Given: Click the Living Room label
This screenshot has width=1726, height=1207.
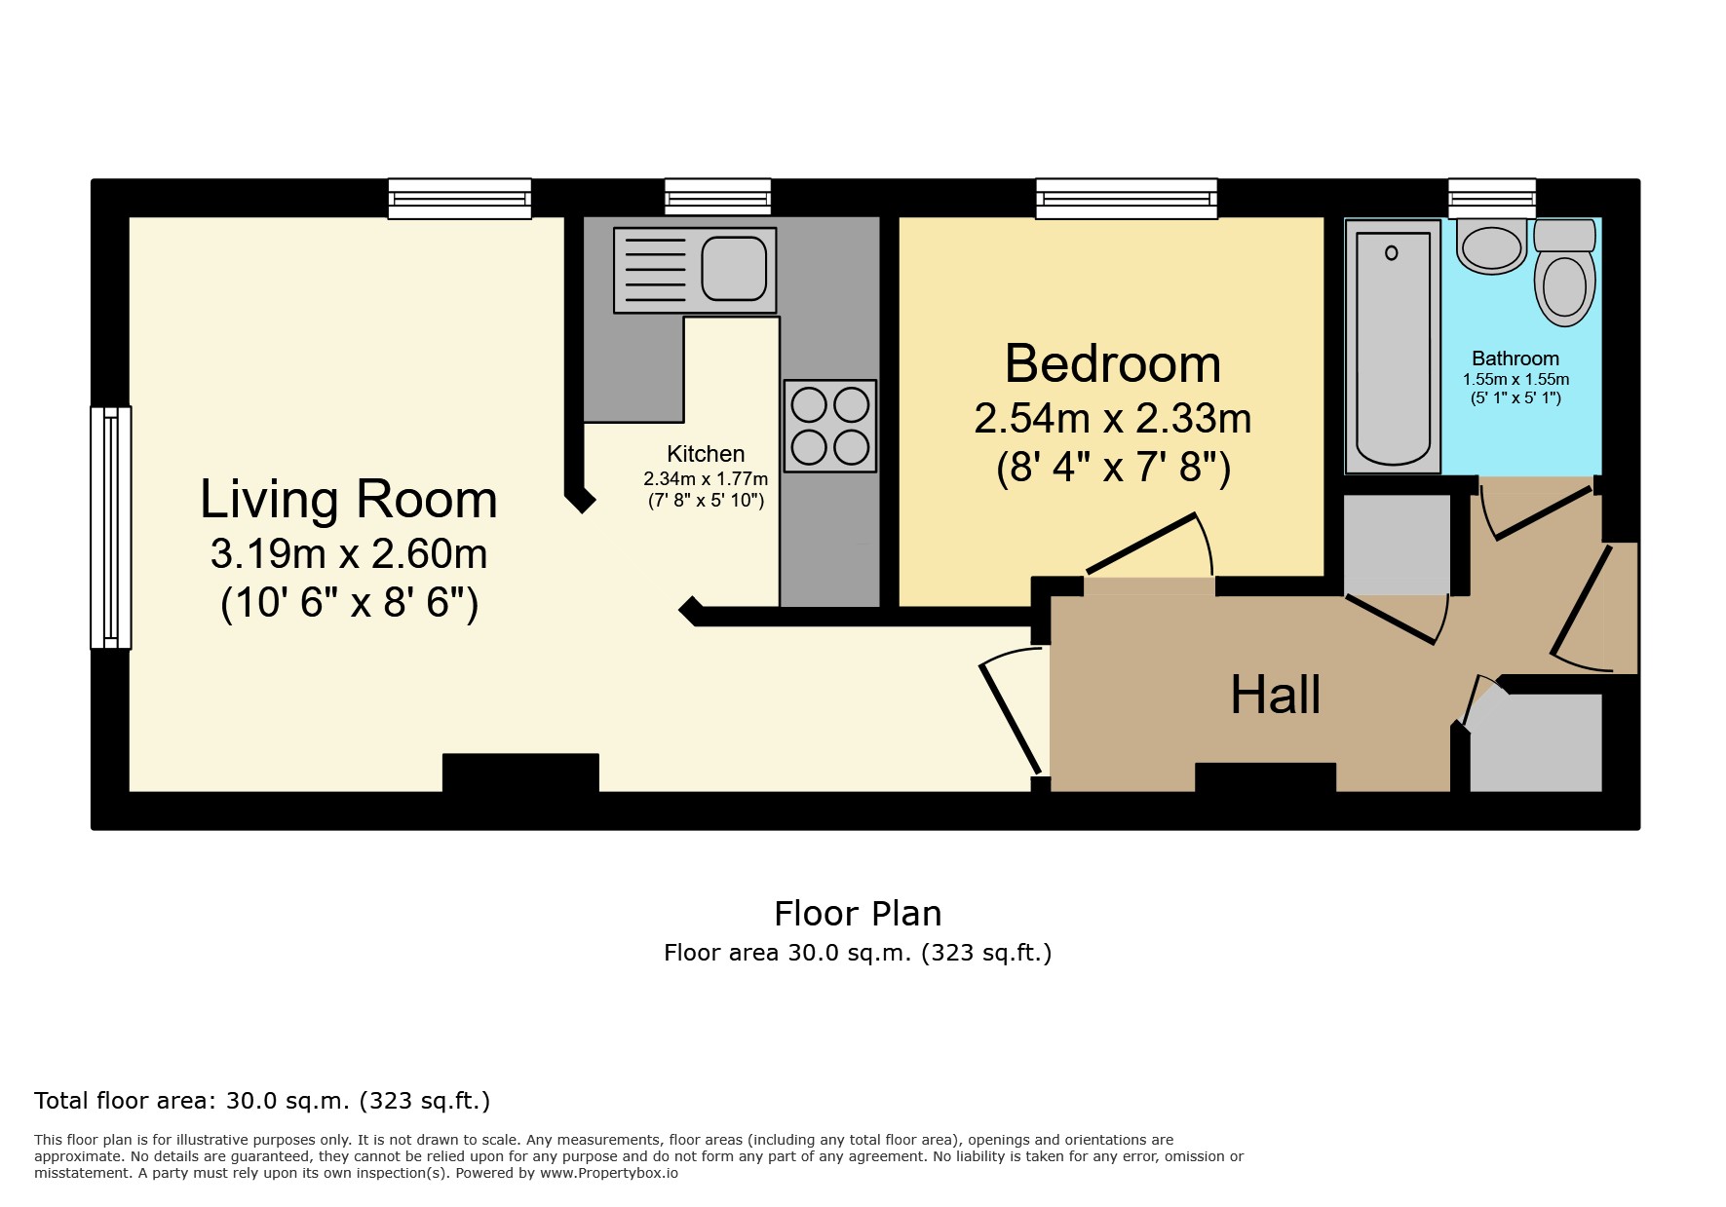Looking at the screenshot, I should pyautogui.click(x=348, y=500).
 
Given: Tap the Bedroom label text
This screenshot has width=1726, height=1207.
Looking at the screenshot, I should pyautogui.click(x=1112, y=364).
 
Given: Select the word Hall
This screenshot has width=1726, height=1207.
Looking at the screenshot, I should pyautogui.click(x=1274, y=696).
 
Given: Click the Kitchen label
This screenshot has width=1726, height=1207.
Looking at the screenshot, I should pyautogui.click(x=706, y=454).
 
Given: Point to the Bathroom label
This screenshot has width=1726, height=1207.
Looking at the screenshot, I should pyautogui.click(x=1515, y=358).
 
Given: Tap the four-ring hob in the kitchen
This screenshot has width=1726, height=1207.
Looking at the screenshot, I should pyautogui.click(x=829, y=426).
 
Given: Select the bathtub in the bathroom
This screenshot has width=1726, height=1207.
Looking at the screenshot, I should pyautogui.click(x=1392, y=347).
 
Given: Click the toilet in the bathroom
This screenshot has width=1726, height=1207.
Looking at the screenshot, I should pyautogui.click(x=1564, y=272).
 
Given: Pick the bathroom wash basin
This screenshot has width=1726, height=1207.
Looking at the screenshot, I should pyautogui.click(x=1491, y=246).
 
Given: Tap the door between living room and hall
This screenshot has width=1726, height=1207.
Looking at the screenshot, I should pyautogui.click(x=1010, y=718).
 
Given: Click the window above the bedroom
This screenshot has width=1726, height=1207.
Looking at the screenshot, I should pyautogui.click(x=1126, y=199).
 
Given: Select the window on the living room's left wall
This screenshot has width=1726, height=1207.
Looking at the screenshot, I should pyautogui.click(x=111, y=527).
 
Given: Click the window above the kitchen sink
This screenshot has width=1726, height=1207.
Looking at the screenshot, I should pyautogui.click(x=717, y=198).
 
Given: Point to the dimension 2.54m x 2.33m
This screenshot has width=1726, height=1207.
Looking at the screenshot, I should pyautogui.click(x=1112, y=419).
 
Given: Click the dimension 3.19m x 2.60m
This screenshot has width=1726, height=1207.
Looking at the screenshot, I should pyautogui.click(x=348, y=554).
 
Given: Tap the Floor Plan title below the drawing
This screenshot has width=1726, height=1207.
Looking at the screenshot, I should pyautogui.click(x=858, y=914).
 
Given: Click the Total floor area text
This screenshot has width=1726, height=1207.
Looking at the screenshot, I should pyautogui.click(x=261, y=1101).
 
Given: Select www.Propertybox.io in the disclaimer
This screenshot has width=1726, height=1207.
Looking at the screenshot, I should pyautogui.click(x=609, y=1173).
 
